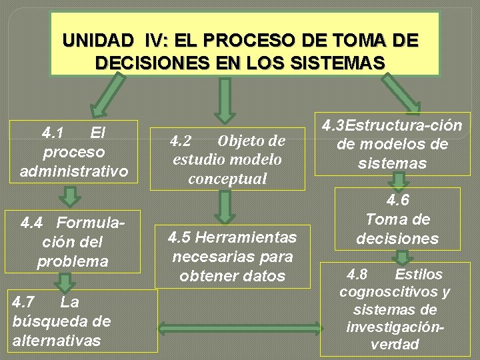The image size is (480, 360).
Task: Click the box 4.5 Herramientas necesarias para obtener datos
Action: (x=232, y=257)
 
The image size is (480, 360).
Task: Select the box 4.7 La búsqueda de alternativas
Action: (x=79, y=321)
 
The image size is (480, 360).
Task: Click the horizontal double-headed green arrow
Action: (x=238, y=329)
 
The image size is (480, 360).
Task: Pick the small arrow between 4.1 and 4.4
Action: (x=69, y=197)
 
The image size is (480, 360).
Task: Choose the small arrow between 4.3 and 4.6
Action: (x=399, y=181)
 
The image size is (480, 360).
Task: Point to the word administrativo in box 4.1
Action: (x=74, y=171)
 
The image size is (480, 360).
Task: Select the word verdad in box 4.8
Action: (x=395, y=345)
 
